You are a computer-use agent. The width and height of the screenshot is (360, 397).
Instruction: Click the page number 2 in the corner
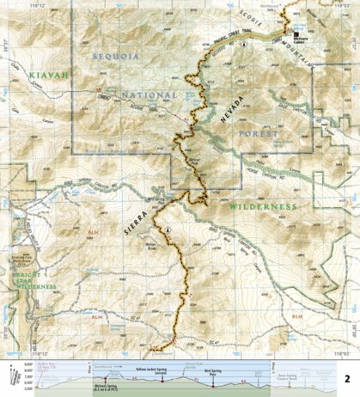(346, 377)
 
